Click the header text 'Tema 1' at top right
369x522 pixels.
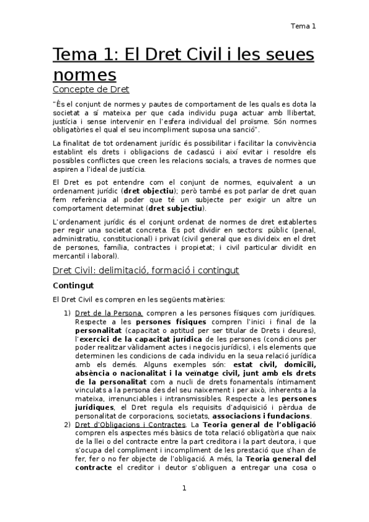point(304,26)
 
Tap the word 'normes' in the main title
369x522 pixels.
point(84,75)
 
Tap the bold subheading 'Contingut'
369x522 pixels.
point(73,286)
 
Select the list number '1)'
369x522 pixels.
point(68,313)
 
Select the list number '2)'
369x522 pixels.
point(68,425)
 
